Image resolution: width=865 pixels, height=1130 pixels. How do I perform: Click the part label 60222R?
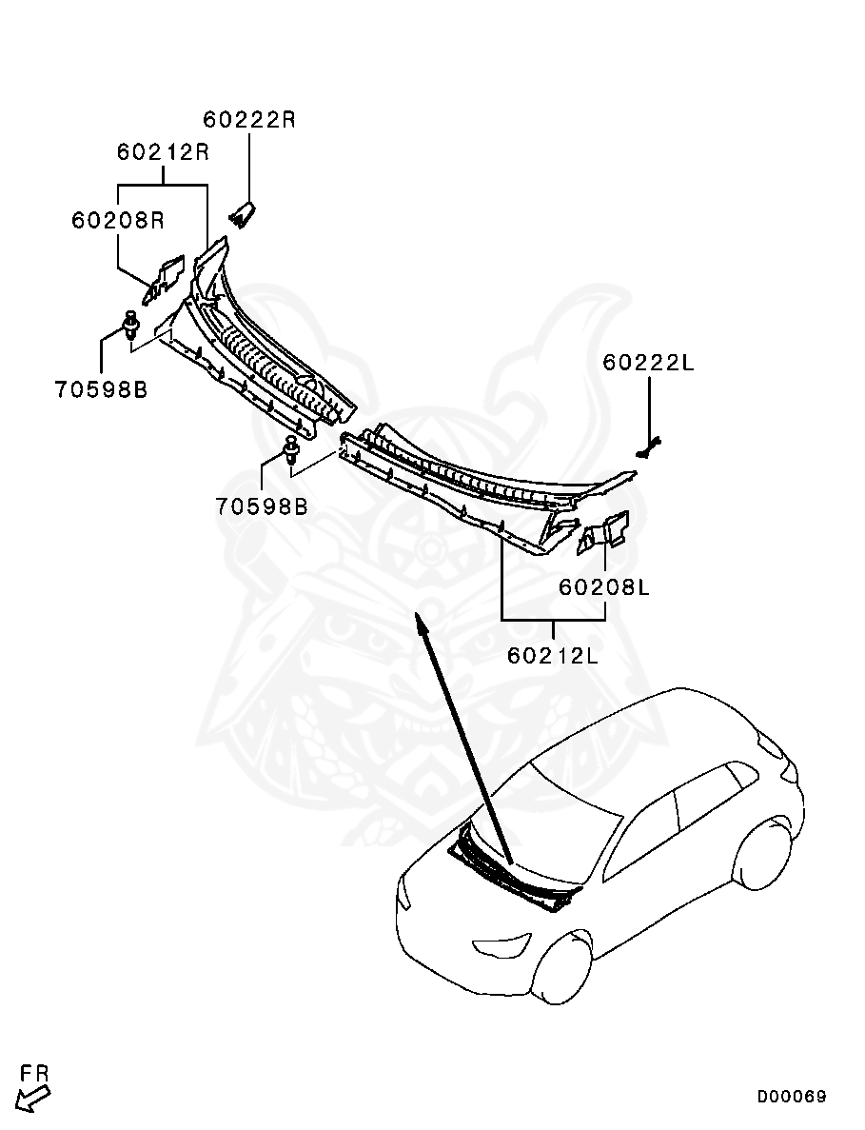pos(248,120)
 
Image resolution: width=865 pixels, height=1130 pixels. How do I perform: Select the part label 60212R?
pos(163,152)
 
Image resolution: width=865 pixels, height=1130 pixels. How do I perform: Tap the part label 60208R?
pos(117,220)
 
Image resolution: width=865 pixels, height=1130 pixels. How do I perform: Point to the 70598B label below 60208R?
pos(101,390)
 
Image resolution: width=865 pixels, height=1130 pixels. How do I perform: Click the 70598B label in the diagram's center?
pos(262,506)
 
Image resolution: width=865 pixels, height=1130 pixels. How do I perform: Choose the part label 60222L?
pos(648,362)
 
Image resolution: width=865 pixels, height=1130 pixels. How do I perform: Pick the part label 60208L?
pos(604,587)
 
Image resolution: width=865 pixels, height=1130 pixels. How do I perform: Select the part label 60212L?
pos(553,655)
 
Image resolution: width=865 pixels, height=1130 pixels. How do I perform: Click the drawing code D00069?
pos(792,1096)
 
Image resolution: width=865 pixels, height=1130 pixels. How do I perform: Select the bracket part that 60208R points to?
pos(165,278)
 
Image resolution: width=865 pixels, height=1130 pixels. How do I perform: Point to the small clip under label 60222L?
pos(648,449)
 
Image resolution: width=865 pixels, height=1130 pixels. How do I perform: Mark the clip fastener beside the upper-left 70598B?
pos(130,326)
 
